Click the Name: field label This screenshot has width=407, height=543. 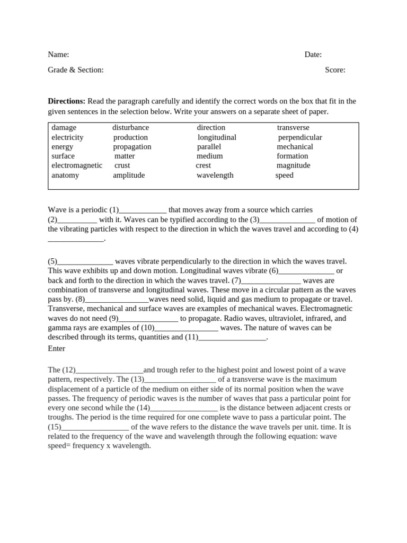(58, 55)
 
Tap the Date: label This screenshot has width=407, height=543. (313, 55)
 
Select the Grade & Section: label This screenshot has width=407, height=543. (76, 70)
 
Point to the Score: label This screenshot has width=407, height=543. (335, 70)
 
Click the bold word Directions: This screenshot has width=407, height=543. (67, 101)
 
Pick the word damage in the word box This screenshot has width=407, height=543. (64, 128)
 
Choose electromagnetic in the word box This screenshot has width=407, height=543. (77, 165)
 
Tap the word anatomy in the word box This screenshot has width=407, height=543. (65, 176)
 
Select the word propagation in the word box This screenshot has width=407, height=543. (132, 147)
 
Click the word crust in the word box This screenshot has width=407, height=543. (122, 165)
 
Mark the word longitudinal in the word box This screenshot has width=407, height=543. (217, 137)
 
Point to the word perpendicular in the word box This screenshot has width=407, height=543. (300, 137)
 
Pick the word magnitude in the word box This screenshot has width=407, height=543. (293, 165)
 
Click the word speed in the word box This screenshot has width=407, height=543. (284, 176)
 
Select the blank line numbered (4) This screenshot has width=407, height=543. (76, 239)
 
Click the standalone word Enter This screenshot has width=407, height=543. (57, 348)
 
